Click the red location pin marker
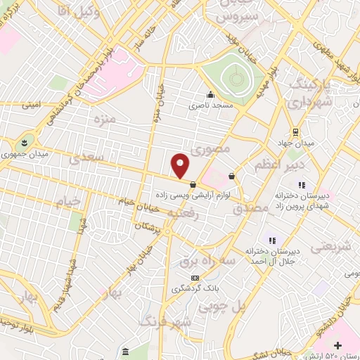tap(181, 166)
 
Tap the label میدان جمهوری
tap(23, 154)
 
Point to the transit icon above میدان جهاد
tap(295, 131)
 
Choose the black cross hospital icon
tap(339, 345)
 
